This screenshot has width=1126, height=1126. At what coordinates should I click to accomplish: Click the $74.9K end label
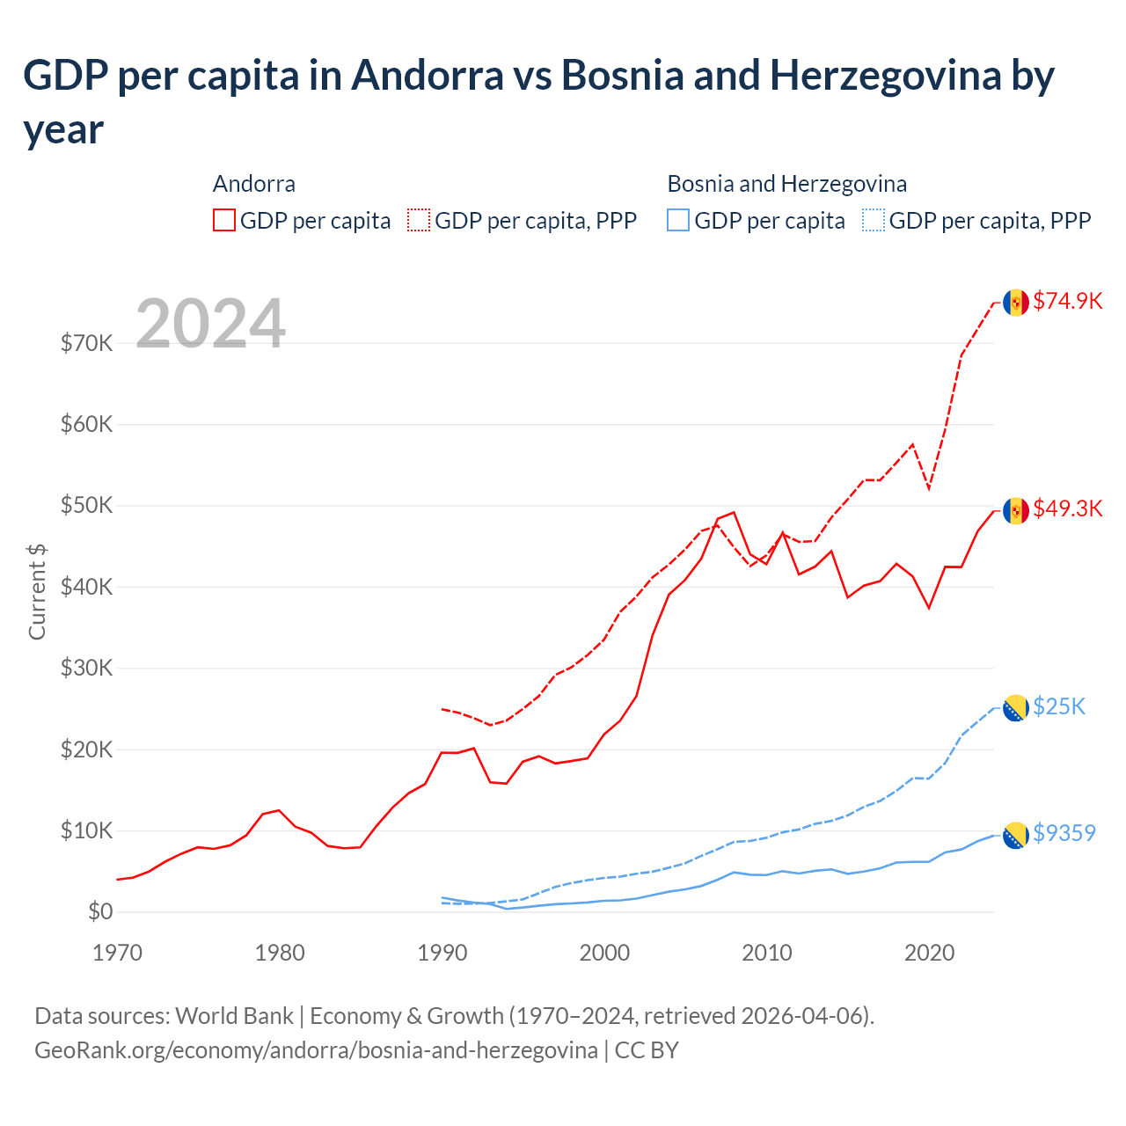tap(1067, 301)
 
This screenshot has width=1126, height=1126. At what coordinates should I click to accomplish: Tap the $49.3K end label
tap(1067, 508)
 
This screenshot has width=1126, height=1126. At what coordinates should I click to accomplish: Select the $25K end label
tap(1059, 706)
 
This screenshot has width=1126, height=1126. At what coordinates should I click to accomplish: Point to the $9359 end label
tap(1064, 833)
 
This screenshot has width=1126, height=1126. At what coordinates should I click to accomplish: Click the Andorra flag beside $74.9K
tap(1016, 302)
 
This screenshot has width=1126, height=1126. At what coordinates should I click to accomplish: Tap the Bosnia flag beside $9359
tap(1016, 835)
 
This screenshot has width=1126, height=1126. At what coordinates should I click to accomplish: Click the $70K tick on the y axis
tap(86, 343)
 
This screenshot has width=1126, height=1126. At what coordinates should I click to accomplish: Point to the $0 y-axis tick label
tap(100, 912)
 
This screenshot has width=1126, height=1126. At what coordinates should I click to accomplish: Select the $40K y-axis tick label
tap(86, 587)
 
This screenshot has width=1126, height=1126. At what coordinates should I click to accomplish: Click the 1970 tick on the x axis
tap(117, 953)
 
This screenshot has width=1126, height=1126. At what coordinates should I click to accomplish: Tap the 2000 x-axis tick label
tap(604, 953)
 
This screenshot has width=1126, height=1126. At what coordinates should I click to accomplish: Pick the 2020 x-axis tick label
tap(929, 953)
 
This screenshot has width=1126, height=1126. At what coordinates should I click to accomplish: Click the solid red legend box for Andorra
tap(224, 220)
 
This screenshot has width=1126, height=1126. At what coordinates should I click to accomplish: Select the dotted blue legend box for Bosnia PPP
tap(874, 220)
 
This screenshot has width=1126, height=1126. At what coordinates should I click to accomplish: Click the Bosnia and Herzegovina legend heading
tap(786, 184)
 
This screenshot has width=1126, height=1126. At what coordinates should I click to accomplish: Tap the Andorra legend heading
tap(254, 184)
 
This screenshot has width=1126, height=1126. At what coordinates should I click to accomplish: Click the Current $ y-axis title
tap(37, 591)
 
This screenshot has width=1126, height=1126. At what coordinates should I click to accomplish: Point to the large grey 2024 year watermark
tap(210, 324)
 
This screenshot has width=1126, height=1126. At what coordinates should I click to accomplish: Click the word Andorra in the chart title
tap(428, 76)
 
